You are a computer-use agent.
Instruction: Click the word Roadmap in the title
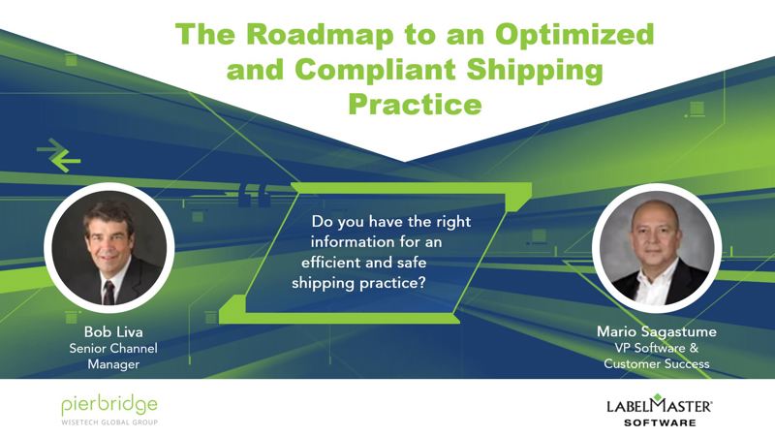coord(320,35)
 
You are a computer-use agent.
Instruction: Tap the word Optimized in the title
coord(574,36)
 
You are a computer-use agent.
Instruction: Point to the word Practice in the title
coord(415,105)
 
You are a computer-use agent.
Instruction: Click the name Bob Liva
coord(113,331)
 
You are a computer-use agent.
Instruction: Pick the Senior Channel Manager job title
coord(113,356)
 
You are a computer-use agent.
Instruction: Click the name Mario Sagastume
coord(657,331)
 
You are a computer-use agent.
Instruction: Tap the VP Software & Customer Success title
coord(657,356)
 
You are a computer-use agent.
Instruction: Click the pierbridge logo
coord(109,406)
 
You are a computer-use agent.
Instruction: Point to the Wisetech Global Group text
coord(109,422)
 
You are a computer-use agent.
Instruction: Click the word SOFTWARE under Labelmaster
coord(660,422)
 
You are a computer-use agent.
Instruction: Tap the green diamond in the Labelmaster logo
coord(657,397)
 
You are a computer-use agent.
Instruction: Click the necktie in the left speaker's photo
coord(108,293)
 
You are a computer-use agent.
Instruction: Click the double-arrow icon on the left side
coord(59,155)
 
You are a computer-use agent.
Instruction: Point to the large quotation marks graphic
coord(255,196)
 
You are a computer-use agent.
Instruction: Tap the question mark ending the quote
coord(421,283)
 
